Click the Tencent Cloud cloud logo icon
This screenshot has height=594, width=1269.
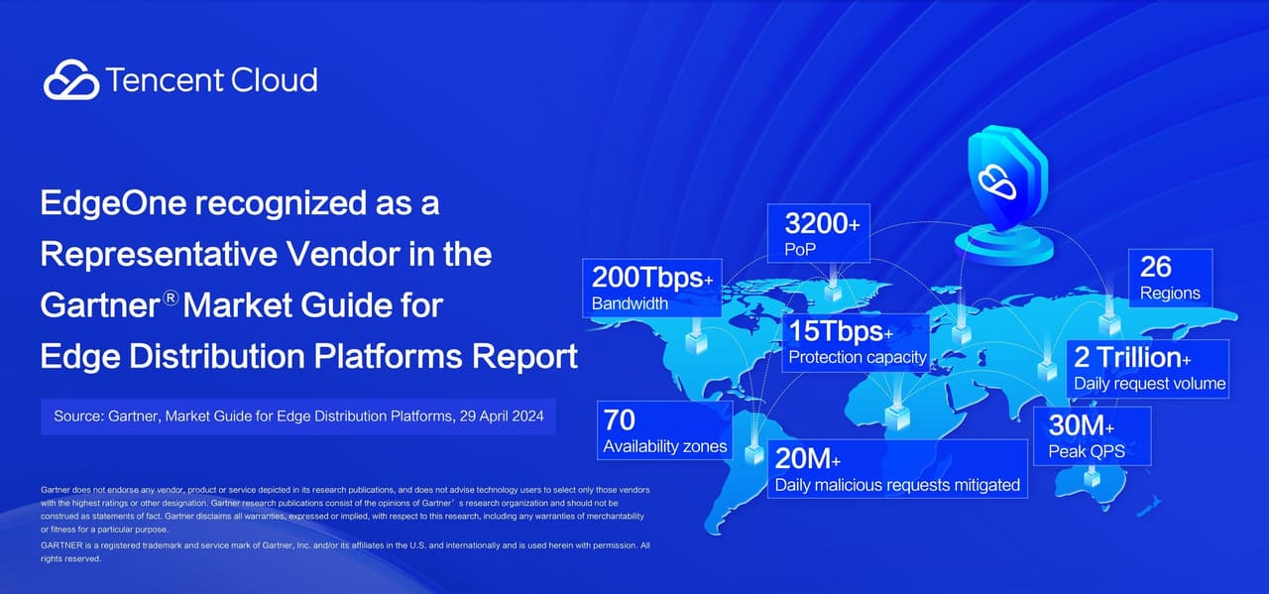(71, 80)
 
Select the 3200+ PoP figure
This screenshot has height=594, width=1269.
(822, 223)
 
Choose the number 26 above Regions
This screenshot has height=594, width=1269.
(1155, 267)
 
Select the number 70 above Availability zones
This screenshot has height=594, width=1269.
(620, 419)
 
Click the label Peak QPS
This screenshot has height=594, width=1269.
(1086, 452)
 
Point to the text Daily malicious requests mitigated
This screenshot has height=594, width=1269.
(897, 485)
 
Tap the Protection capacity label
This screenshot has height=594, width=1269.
(858, 357)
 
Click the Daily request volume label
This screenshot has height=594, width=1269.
(1150, 383)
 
